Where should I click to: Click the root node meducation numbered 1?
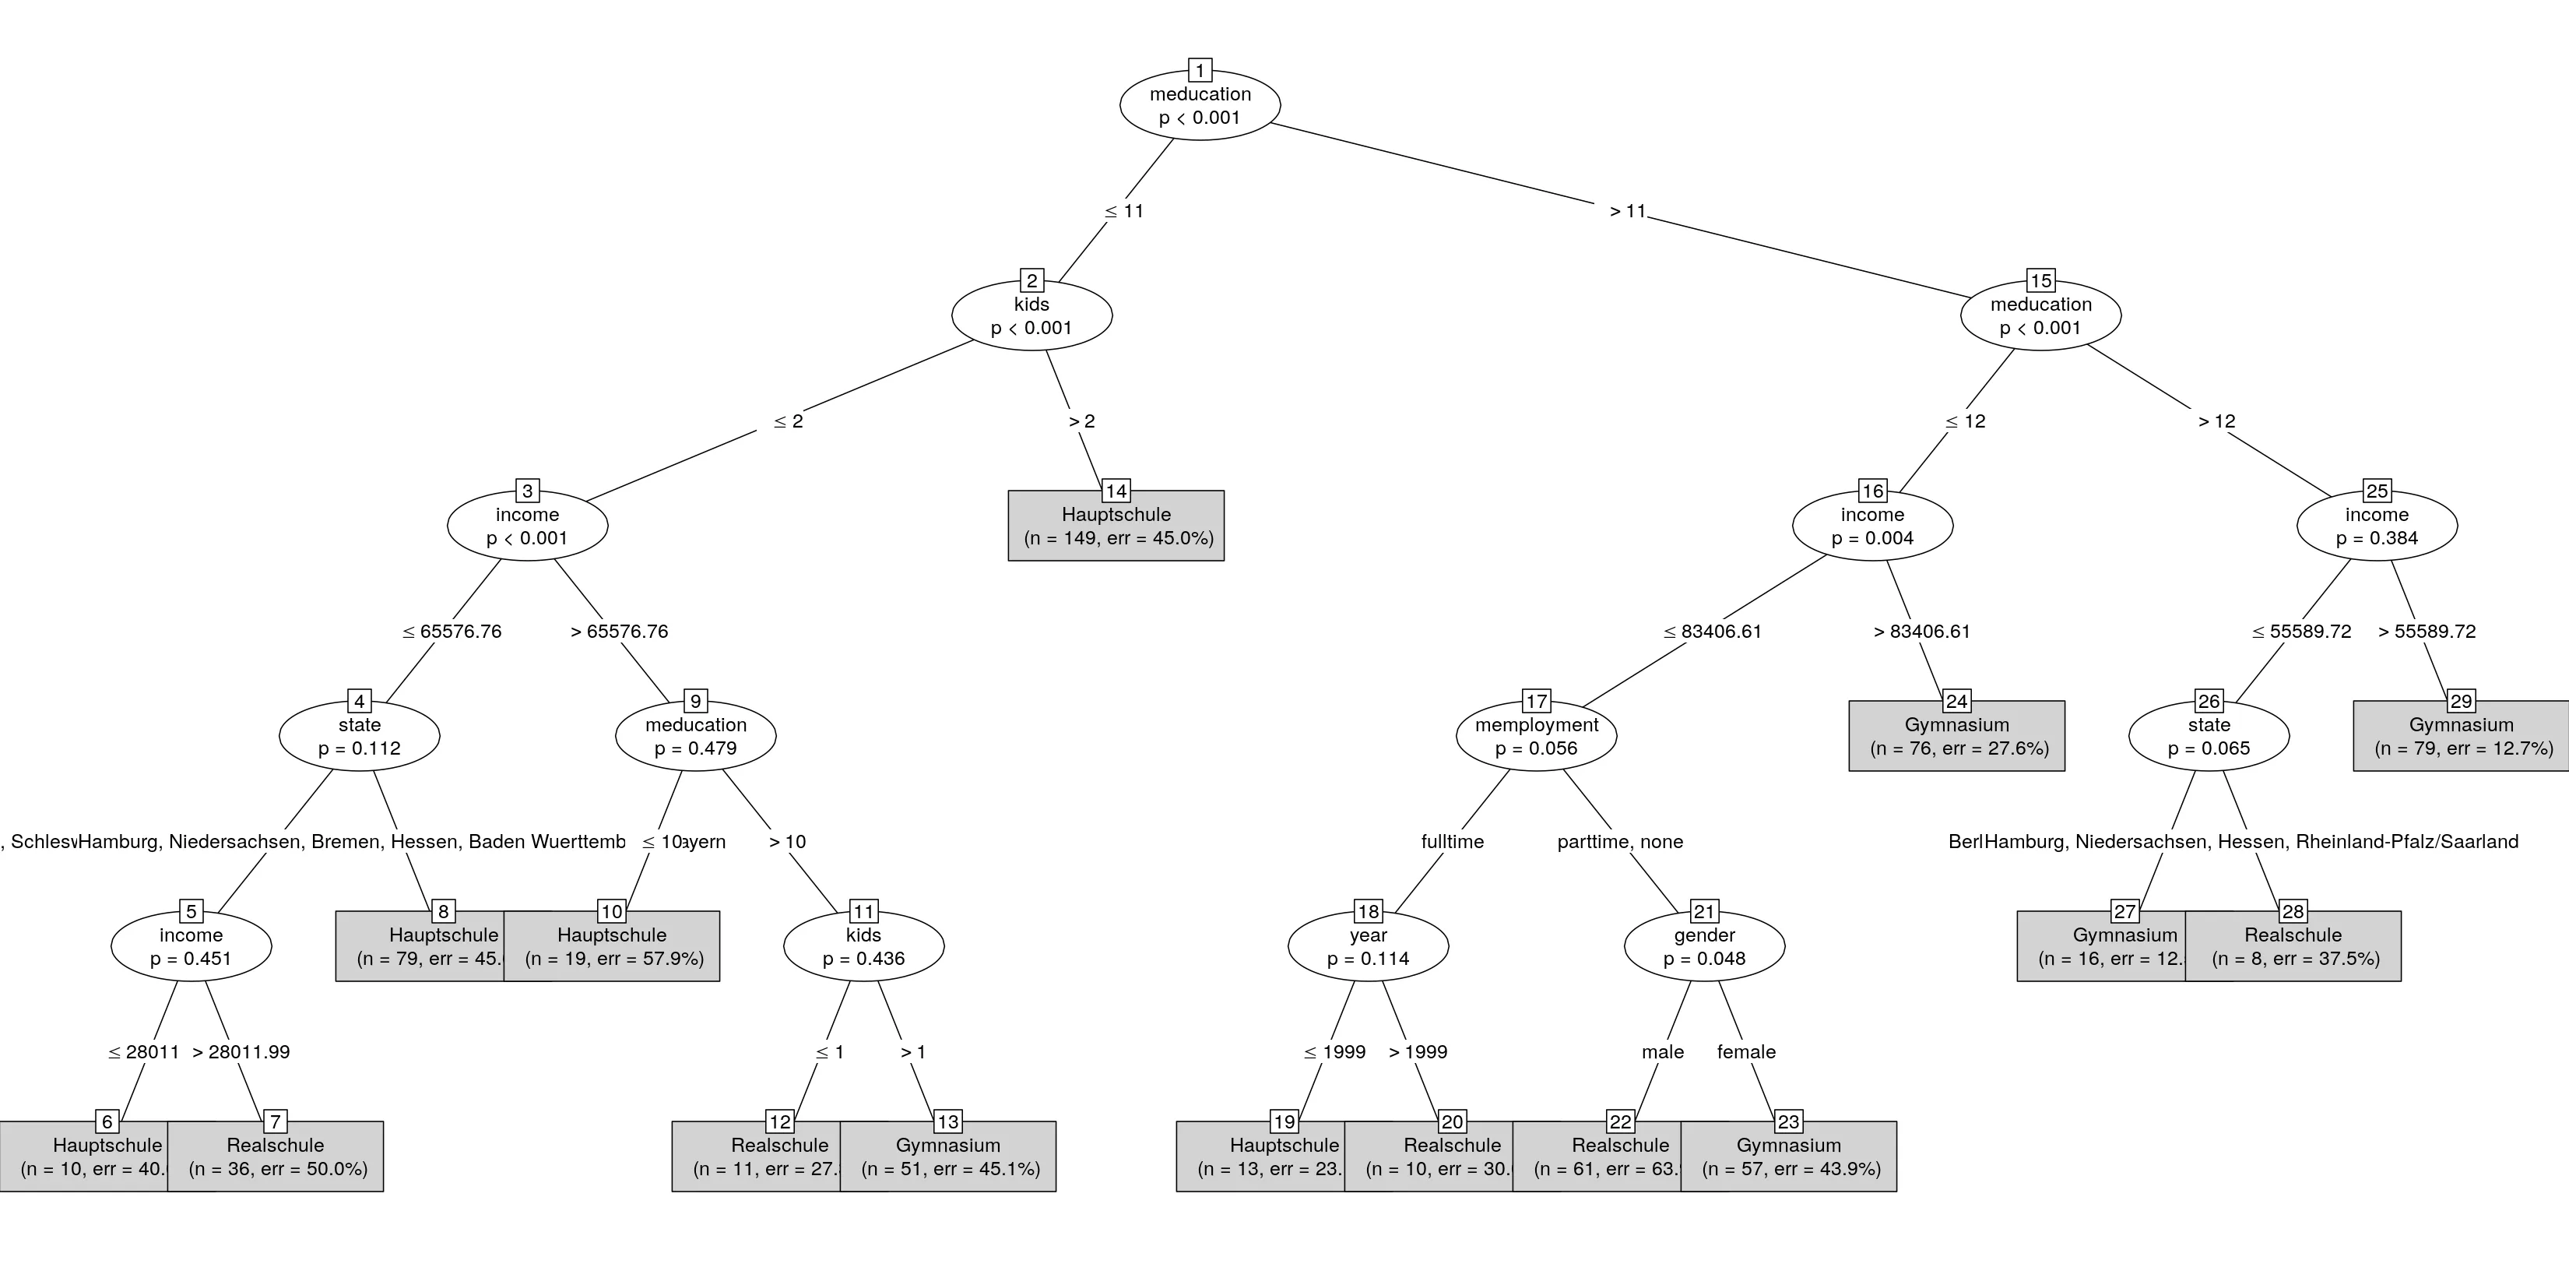1200,106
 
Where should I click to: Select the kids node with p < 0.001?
1031,316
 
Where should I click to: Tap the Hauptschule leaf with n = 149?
1116,526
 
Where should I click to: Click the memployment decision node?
1536,736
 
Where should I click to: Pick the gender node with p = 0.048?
1704,947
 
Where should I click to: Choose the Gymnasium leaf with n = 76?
1956,736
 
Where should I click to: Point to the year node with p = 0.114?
1369,947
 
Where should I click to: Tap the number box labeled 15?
2040,281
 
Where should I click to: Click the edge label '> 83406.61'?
1922,632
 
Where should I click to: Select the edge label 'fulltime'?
1452,842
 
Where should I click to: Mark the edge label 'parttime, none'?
1619,842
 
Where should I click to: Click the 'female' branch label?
1746,1051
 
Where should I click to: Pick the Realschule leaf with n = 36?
276,1157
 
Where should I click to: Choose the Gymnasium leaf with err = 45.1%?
948,1157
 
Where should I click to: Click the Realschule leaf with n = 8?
2293,947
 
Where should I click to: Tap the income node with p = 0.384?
2377,526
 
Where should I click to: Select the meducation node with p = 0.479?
695,736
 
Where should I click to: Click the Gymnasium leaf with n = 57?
1789,1157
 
